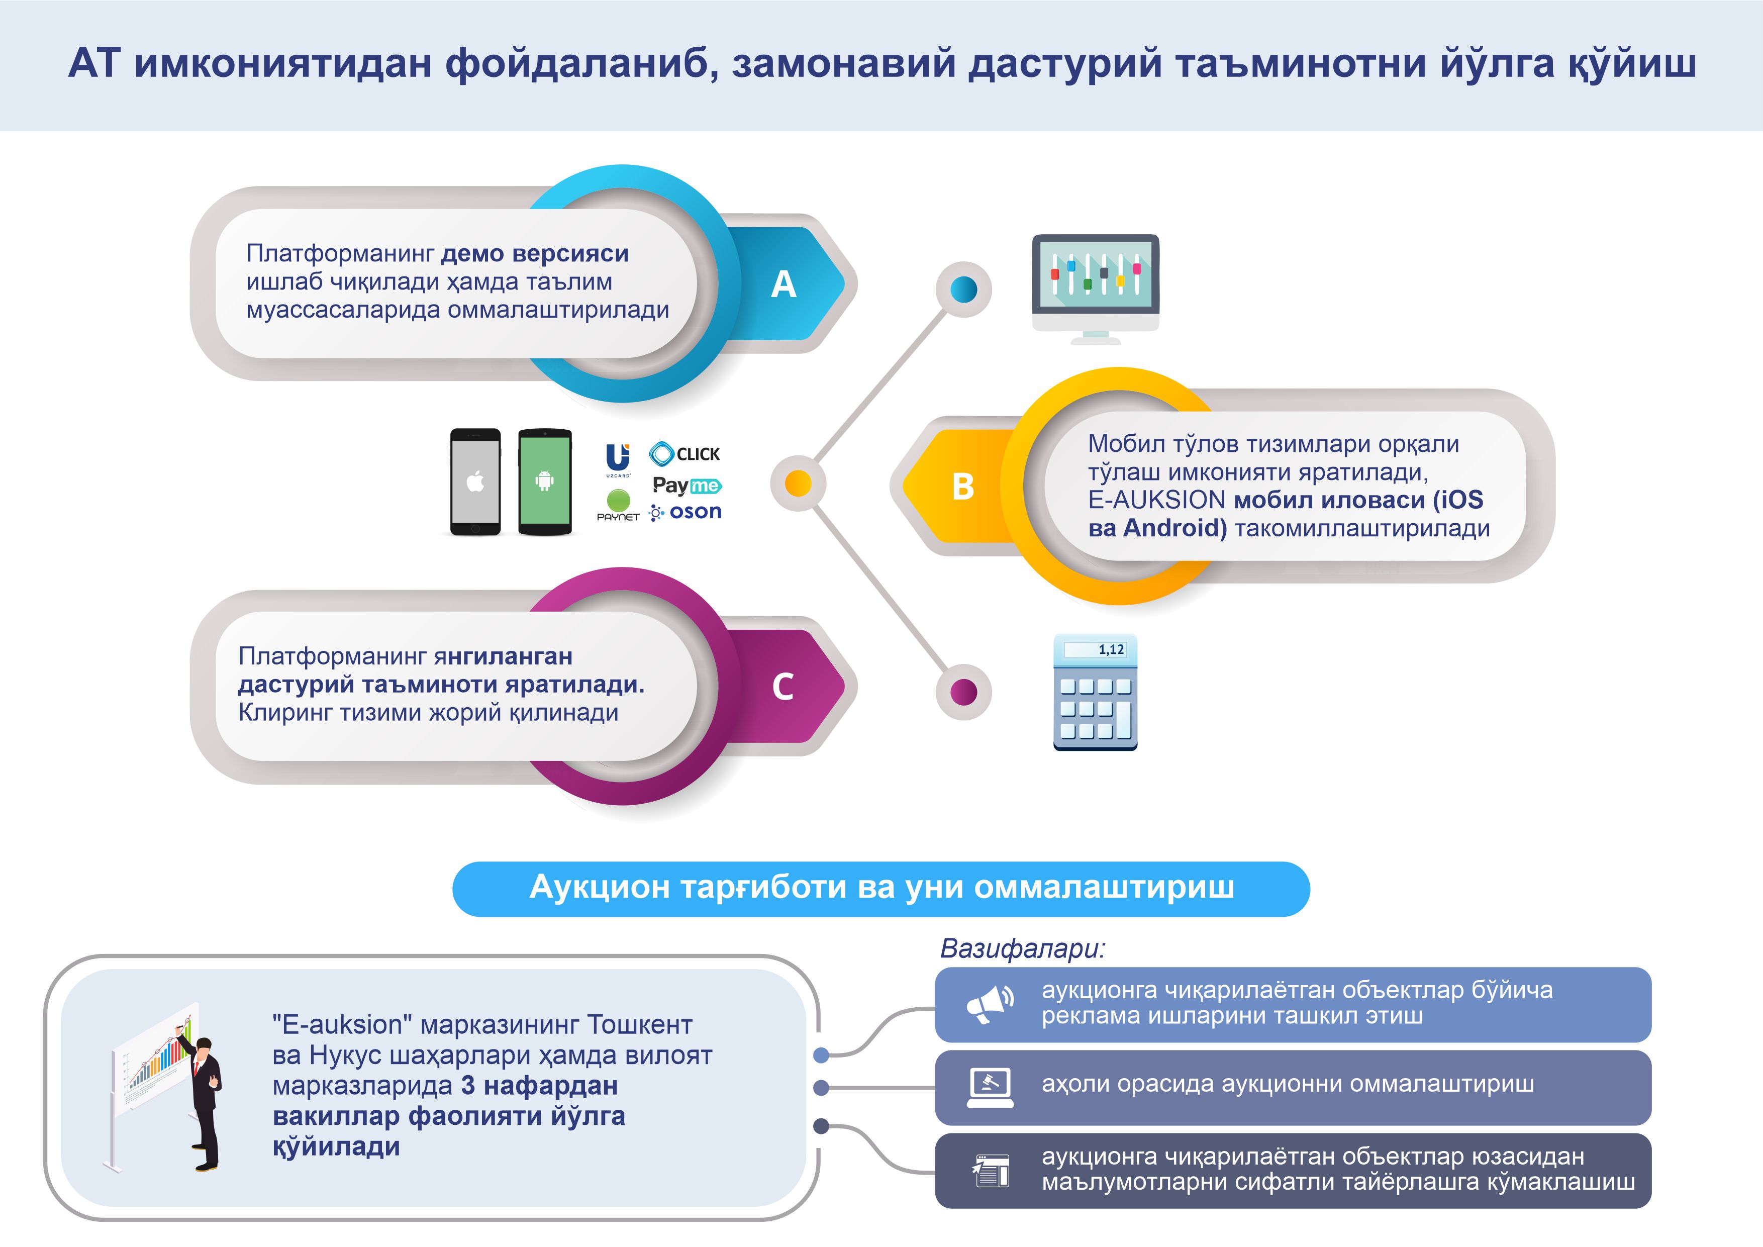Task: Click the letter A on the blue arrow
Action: pos(783,284)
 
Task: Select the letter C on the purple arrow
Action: pos(782,687)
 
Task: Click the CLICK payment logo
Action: pos(685,454)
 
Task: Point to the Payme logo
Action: pos(687,486)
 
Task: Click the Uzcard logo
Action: pos(618,460)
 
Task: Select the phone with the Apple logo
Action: pos(475,482)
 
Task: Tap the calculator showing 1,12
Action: pos(1095,692)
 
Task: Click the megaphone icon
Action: pos(990,1004)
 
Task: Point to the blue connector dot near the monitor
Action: pos(963,290)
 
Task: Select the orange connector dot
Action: pos(799,484)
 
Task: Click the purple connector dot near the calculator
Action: pos(963,692)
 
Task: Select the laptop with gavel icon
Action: pos(990,1087)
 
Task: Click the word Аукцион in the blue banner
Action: pos(601,888)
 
